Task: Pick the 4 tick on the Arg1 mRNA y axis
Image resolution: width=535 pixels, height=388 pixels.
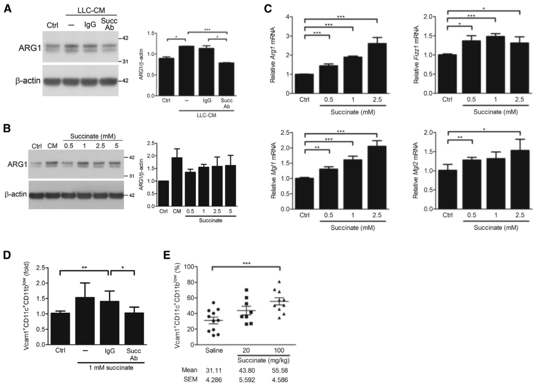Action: (x=289, y=17)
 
